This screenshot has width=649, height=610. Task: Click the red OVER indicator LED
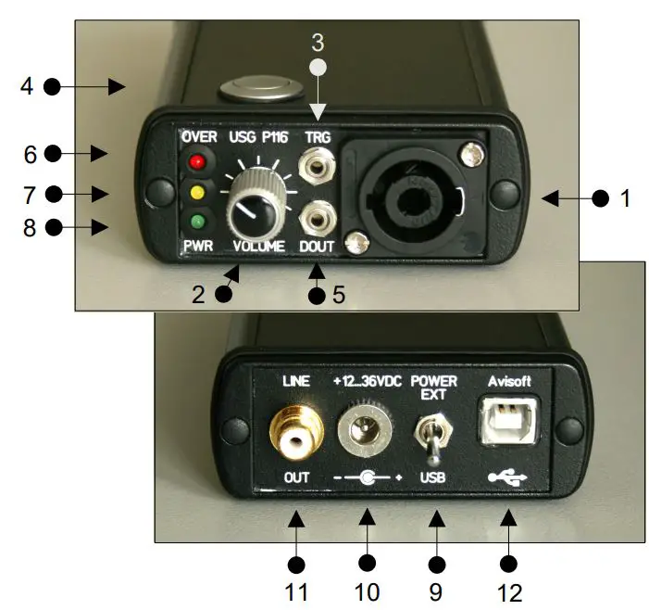point(195,162)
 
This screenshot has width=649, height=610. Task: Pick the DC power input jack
point(366,429)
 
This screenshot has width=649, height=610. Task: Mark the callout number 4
point(27,86)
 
